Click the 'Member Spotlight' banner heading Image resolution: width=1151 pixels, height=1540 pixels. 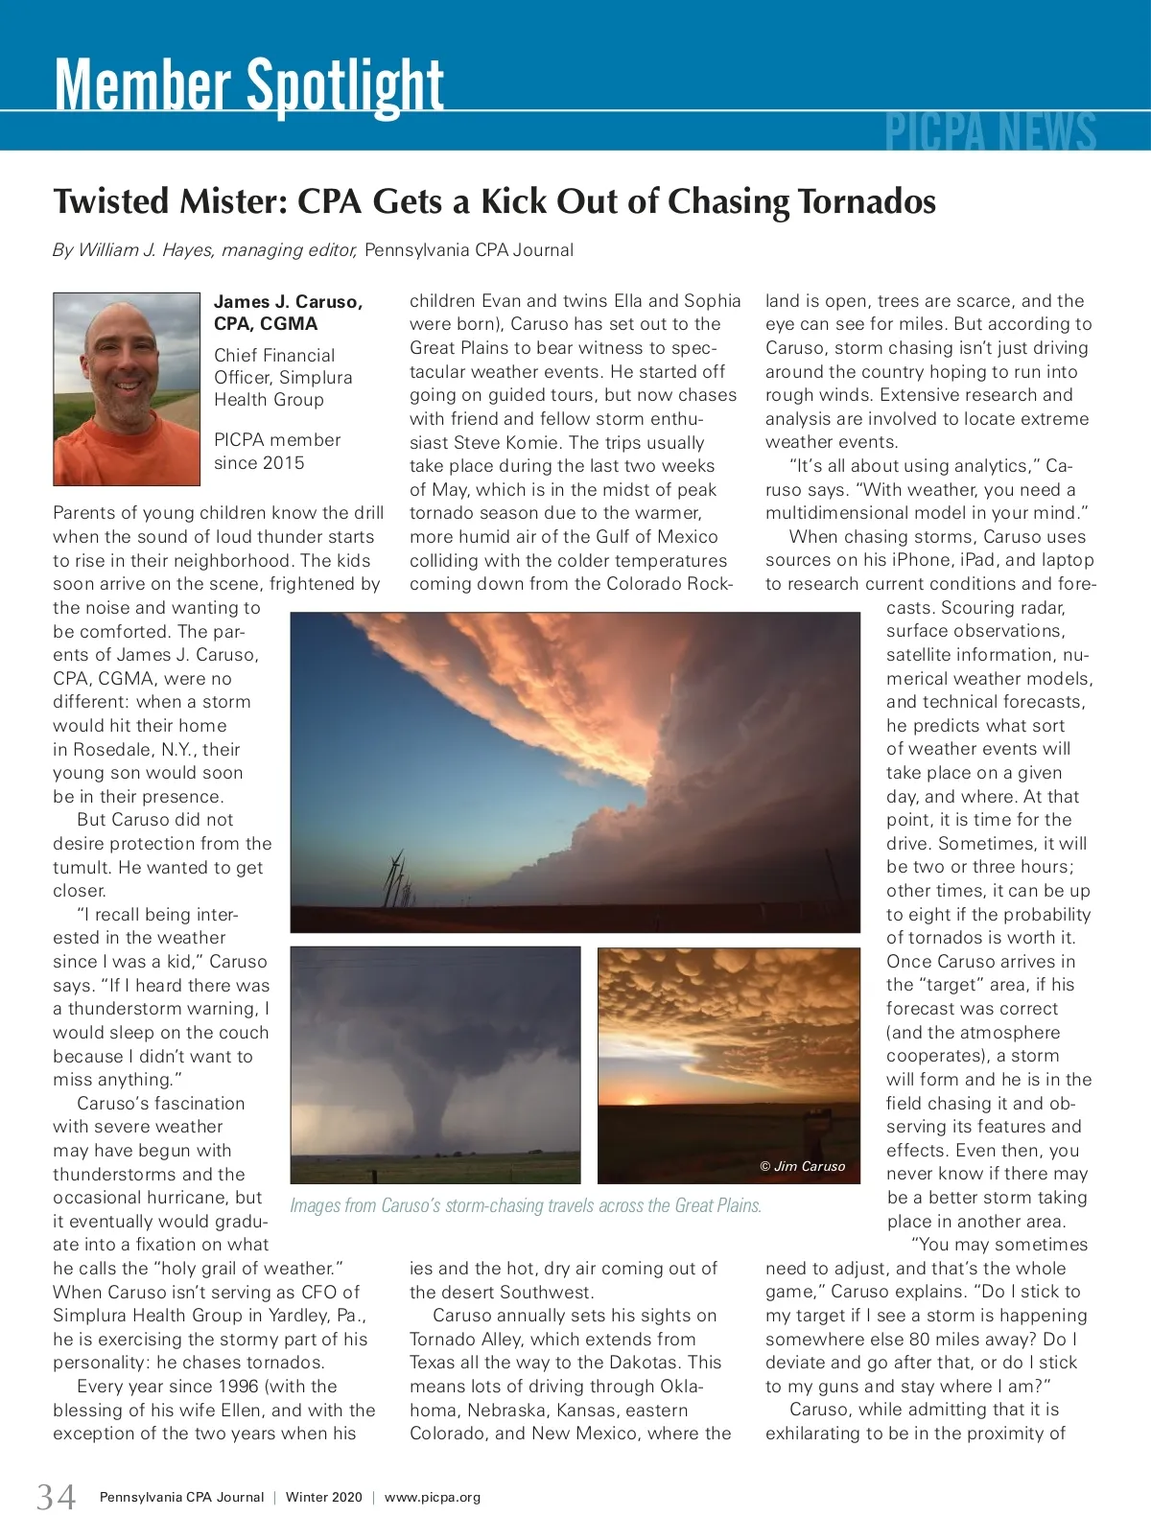pyautogui.click(x=249, y=86)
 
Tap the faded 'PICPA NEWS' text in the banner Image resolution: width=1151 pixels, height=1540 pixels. pyautogui.click(x=990, y=132)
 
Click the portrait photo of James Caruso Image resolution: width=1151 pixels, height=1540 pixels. pyautogui.click(x=127, y=388)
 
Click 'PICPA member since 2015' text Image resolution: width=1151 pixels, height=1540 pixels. pyautogui.click(x=276, y=451)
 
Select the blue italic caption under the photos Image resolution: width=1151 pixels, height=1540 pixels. pyautogui.click(x=526, y=1205)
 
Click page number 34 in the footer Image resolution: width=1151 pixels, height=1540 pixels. pyautogui.click(x=56, y=1496)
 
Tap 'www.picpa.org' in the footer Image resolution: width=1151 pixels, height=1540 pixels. pyautogui.click(x=433, y=1497)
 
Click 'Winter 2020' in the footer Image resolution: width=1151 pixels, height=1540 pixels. pyautogui.click(x=324, y=1497)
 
